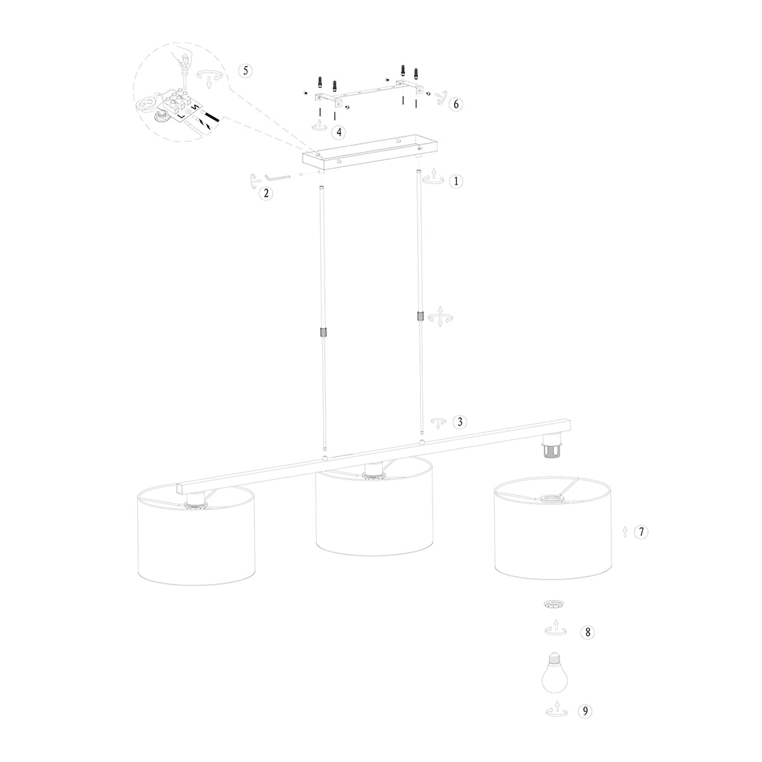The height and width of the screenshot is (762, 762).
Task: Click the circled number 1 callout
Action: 455,181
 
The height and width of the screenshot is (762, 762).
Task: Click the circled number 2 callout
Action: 267,193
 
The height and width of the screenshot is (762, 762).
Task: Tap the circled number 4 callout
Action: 339,132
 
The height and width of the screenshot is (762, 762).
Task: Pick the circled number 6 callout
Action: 455,105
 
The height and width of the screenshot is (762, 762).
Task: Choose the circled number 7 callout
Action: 642,532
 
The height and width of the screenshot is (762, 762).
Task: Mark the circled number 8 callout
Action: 588,632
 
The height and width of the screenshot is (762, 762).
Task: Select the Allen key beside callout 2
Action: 277,178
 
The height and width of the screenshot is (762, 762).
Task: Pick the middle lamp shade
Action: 375,514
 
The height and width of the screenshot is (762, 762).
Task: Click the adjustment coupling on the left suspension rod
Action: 323,333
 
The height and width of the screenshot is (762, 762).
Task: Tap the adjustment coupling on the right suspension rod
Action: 419,316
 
